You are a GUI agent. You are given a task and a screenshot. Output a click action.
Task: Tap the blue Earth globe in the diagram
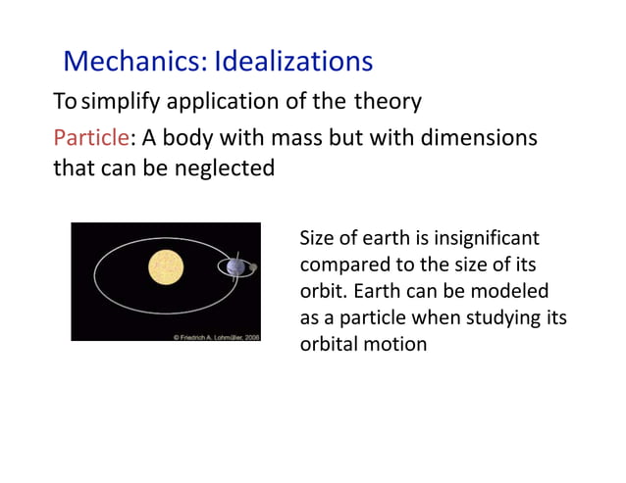coord(235,266)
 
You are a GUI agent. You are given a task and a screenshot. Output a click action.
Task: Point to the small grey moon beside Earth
coord(253,267)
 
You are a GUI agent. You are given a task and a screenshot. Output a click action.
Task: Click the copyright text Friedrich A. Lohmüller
coord(216,335)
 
